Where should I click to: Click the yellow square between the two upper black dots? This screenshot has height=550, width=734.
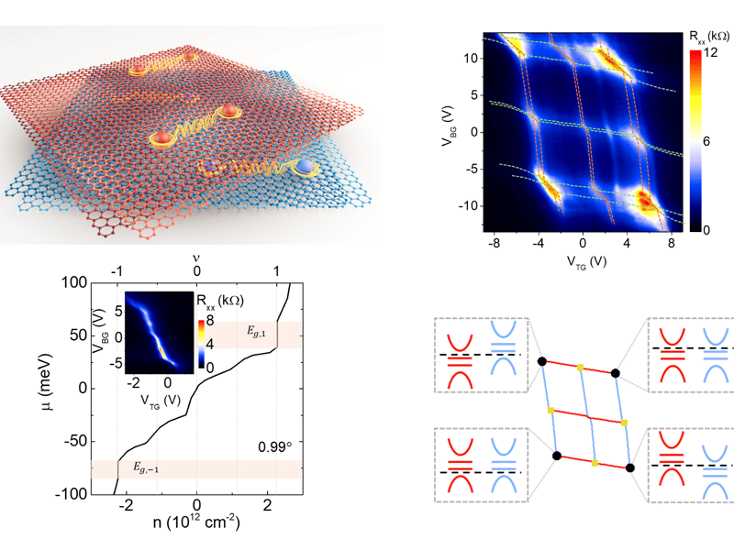point(580,368)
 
